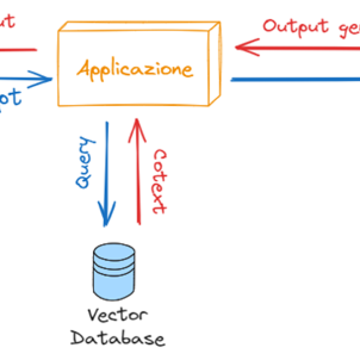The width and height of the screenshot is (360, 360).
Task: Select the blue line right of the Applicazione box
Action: coord(294,79)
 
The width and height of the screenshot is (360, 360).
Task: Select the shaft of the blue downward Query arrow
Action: coord(107,168)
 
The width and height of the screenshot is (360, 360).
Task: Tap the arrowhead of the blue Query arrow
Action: coord(107,218)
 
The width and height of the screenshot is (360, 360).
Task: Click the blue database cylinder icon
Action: coord(113,273)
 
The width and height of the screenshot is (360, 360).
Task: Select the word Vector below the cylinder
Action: coord(117,316)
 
